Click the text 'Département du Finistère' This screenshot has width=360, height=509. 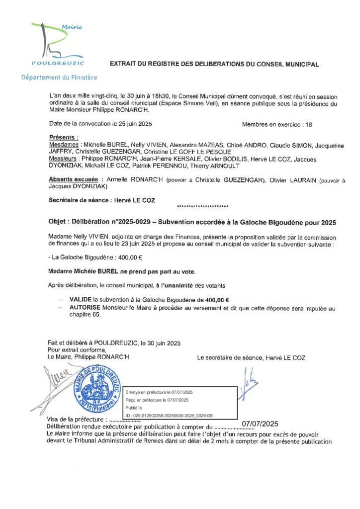tap(59, 78)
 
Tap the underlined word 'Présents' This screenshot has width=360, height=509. tap(64, 137)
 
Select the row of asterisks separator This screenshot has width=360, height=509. tap(202, 206)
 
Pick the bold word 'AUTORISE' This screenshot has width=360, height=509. tap(84, 308)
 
